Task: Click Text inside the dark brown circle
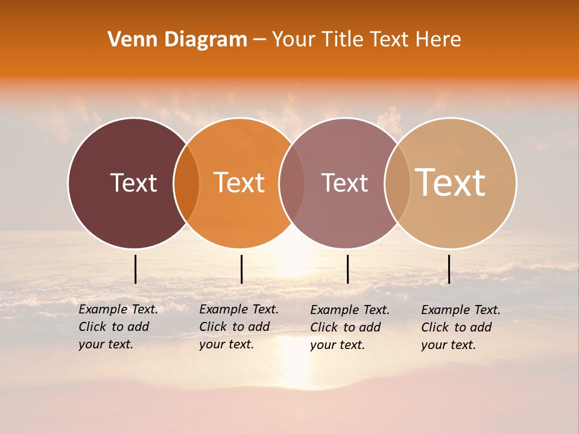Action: tap(133, 183)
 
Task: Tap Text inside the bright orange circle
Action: tap(239, 183)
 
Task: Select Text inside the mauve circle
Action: tap(344, 183)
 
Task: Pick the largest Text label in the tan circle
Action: tap(450, 183)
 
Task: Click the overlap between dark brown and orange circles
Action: tap(186, 183)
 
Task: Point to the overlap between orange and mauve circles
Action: tap(292, 183)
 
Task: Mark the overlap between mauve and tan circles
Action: tap(397, 183)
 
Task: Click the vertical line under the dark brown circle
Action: tap(136, 269)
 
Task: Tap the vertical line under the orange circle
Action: tap(241, 269)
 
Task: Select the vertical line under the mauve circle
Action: tap(348, 269)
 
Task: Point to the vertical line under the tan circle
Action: tap(449, 269)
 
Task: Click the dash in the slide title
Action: tap(259, 40)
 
